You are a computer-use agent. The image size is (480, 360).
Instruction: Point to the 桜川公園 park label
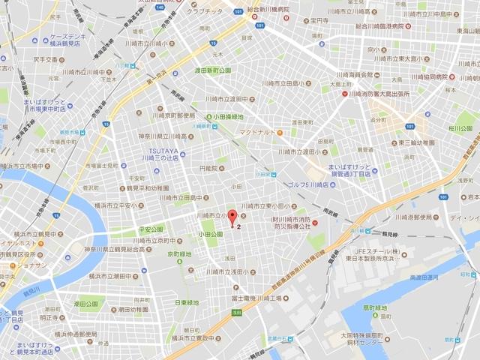[456, 128]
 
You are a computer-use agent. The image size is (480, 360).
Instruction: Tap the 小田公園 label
[211, 235]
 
